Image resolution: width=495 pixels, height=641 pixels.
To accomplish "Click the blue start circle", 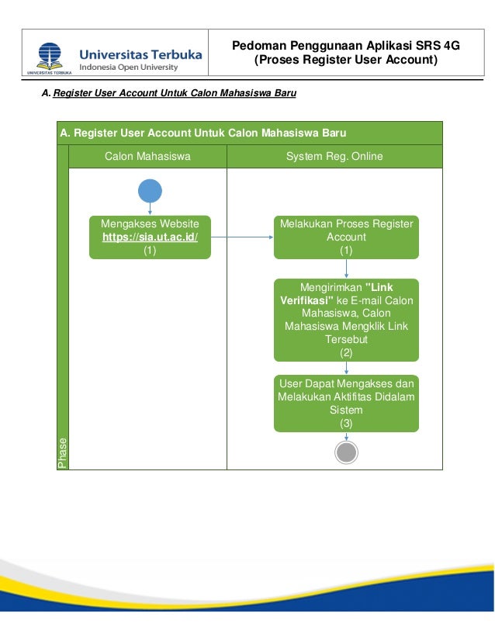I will pos(150,191).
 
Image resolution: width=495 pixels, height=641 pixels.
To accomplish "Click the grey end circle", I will pos(346,454).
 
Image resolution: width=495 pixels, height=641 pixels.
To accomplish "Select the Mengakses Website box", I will pos(150,237).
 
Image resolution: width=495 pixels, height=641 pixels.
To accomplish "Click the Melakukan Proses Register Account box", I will pos(346,237).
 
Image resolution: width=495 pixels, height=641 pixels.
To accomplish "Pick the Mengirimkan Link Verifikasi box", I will pos(346,320).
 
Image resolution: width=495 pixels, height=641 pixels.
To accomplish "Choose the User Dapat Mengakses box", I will pos(346,404).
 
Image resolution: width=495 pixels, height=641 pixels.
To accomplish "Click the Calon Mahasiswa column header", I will pos(147,157).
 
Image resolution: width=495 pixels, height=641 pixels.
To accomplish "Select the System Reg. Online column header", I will pos(334,157).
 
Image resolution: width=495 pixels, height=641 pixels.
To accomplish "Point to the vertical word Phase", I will pos(63,453).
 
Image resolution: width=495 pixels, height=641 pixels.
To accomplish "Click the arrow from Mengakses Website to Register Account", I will pos(241,237).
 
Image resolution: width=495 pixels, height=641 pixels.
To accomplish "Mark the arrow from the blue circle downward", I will pos(150,209).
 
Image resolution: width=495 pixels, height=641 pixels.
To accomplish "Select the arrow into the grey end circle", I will pos(346,437).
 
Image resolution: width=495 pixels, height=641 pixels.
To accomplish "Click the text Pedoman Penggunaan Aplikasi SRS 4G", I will pos(346,46).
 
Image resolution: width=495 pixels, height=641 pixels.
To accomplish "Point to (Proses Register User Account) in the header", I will pos(346,60).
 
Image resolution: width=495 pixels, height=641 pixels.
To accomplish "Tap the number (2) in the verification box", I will pos(346,352).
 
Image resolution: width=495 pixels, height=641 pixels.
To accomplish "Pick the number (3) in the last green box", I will pos(346,424).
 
